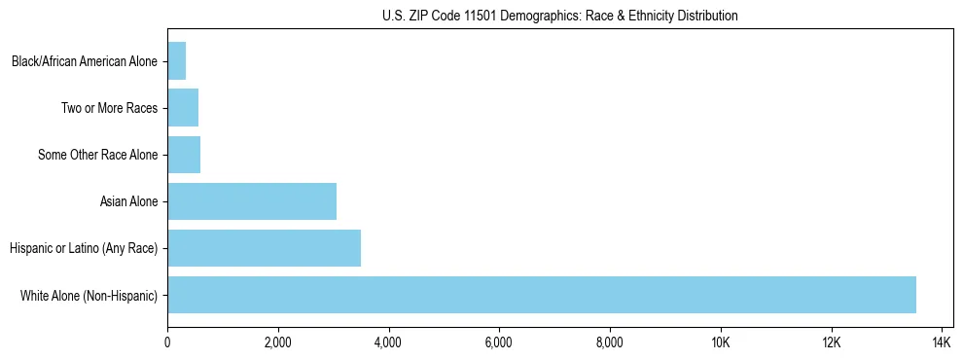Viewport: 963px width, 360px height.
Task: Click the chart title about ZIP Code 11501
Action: (x=559, y=16)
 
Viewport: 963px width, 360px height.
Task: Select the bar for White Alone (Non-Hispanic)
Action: (x=542, y=295)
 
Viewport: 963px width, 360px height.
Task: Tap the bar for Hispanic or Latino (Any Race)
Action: (x=264, y=248)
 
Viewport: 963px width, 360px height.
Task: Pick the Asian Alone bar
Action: (x=252, y=201)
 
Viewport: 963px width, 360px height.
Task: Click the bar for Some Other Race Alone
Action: (x=184, y=155)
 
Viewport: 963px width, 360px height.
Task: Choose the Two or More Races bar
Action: (x=183, y=108)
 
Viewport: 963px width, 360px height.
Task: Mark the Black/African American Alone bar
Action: (x=177, y=61)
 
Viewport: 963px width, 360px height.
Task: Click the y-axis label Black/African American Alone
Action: (x=85, y=61)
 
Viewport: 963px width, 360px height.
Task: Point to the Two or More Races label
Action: (x=109, y=108)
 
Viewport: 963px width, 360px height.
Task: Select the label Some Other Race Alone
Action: (x=97, y=155)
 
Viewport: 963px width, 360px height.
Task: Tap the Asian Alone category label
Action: (x=128, y=201)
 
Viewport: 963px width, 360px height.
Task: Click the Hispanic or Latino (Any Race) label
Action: (x=84, y=248)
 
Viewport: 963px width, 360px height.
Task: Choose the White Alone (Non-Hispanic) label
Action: (x=89, y=295)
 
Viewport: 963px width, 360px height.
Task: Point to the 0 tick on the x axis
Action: (x=167, y=342)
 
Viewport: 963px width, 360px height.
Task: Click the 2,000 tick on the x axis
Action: (x=278, y=342)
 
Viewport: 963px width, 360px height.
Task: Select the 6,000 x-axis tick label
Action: (x=499, y=342)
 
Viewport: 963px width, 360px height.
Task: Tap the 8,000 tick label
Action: (x=610, y=342)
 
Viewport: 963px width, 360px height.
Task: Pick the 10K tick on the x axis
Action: (x=721, y=342)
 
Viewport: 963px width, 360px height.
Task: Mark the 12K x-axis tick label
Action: (x=831, y=342)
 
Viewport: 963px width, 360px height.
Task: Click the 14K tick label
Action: (x=942, y=342)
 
